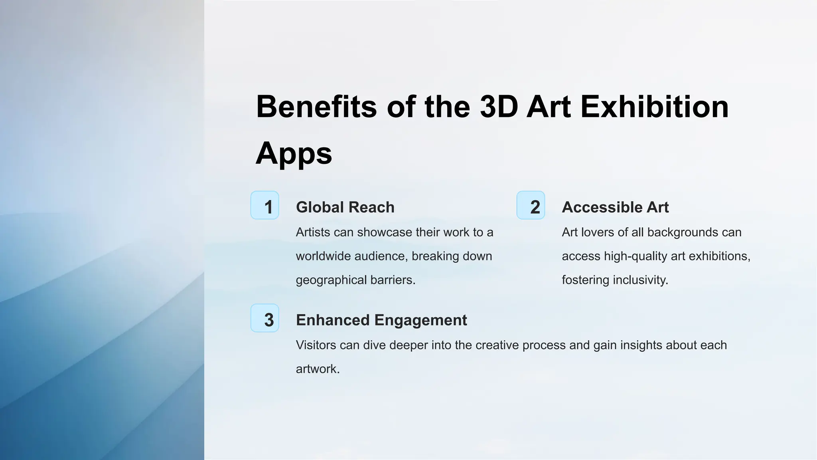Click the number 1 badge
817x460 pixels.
coord(264,205)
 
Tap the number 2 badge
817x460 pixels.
coord(531,205)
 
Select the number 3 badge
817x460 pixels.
coord(264,318)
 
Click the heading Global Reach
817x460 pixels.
coord(345,207)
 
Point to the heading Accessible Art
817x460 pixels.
coord(615,207)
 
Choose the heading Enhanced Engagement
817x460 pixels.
coord(381,320)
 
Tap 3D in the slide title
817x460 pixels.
coord(499,107)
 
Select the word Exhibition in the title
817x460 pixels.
coord(654,107)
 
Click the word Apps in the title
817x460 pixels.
coord(294,153)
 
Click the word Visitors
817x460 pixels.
coord(316,345)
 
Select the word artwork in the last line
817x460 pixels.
coord(317,369)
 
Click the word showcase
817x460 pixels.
coord(384,232)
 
